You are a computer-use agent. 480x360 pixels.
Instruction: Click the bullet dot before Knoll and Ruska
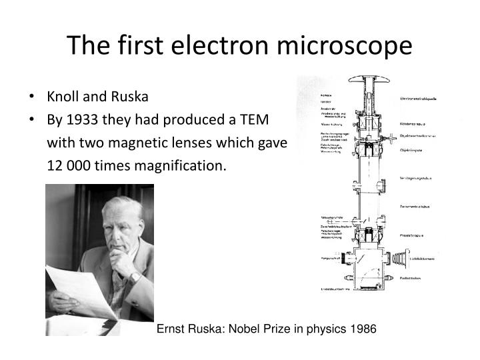tap(34, 97)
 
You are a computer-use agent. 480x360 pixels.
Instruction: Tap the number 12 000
tap(67, 165)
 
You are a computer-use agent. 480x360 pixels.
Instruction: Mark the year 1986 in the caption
tap(364, 329)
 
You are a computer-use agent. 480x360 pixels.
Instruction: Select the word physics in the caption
tap(321, 329)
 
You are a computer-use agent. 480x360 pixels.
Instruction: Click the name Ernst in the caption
tap(170, 329)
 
